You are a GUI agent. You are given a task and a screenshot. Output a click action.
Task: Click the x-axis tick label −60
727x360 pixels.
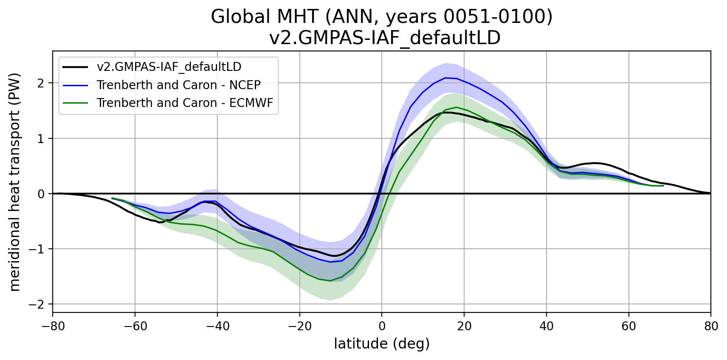[135, 326]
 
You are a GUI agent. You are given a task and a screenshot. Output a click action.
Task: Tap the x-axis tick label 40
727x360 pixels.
[546, 326]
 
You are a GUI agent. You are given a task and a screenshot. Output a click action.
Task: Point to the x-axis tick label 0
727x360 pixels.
[382, 326]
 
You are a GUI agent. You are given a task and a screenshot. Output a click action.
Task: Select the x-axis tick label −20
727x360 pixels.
[299, 326]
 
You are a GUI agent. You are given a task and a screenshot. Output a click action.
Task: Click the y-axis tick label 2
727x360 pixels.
[41, 83]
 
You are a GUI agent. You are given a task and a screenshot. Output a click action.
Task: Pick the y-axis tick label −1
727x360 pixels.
[37, 249]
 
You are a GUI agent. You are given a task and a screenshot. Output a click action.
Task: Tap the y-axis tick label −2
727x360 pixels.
[37, 304]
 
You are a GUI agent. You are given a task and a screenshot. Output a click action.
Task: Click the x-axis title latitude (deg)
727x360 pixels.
[382, 343]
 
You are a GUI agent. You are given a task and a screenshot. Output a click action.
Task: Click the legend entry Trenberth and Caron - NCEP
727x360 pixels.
[178, 85]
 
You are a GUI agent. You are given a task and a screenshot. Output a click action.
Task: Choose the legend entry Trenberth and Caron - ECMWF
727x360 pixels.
[185, 103]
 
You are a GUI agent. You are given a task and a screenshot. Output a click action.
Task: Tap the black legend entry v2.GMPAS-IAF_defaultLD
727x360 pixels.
[169, 67]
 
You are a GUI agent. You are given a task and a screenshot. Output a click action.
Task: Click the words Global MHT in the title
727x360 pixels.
[265, 17]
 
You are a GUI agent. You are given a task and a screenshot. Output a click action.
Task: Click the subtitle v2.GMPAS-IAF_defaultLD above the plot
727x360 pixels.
[385, 38]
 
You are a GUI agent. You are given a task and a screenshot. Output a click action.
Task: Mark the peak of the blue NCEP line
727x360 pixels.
[445, 78]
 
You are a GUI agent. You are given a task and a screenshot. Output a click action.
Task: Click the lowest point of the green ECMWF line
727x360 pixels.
[330, 281]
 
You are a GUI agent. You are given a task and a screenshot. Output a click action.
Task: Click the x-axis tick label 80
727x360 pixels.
[711, 326]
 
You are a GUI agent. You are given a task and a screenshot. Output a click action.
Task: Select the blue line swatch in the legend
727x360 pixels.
[75, 85]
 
